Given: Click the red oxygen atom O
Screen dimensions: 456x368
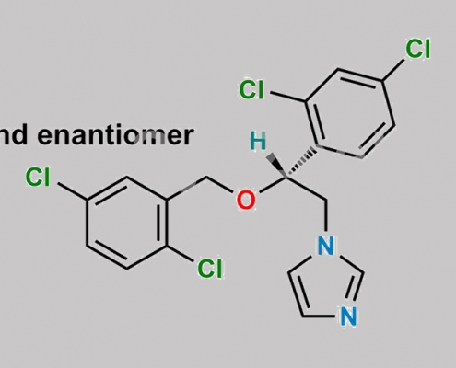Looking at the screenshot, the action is [246, 200].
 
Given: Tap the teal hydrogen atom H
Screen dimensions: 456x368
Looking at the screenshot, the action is [258, 141].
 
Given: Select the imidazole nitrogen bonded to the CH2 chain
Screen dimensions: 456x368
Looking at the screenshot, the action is [326, 246].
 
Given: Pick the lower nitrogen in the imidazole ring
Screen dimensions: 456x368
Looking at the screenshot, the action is [348, 316].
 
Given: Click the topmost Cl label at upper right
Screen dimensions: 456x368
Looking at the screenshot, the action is [418, 49].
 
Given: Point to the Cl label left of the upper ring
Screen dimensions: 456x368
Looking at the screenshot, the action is [251, 89].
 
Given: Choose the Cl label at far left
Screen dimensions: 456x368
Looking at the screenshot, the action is [38, 177].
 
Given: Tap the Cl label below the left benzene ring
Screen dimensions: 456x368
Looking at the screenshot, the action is [210, 269].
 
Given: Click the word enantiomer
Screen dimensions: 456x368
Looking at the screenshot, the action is [115, 135].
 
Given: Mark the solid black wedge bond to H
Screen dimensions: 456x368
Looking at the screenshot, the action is [276, 166].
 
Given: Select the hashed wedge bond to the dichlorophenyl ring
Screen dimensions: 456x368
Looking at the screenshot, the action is [301, 163].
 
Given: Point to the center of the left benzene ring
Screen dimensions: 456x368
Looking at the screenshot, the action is [127, 223].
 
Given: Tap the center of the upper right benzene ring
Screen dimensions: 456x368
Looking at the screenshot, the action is [350, 113].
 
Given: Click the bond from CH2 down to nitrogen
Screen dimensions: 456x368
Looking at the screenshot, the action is [326, 216].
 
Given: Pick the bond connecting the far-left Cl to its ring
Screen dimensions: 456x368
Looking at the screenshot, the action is [72, 191].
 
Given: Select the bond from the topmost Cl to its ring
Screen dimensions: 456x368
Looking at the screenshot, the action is [393, 70].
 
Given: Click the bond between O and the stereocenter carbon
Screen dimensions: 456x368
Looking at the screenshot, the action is [274, 185].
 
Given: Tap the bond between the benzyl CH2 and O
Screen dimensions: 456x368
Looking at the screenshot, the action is [219, 185].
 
